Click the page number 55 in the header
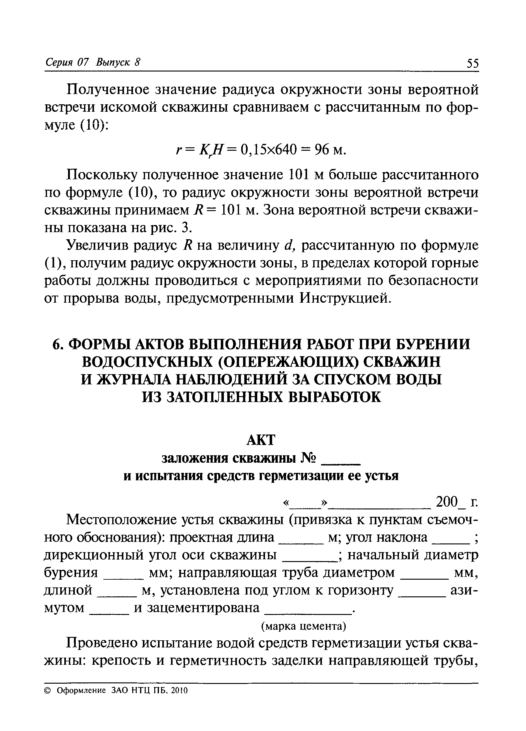[x=473, y=63]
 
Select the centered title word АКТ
[x=261, y=440]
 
